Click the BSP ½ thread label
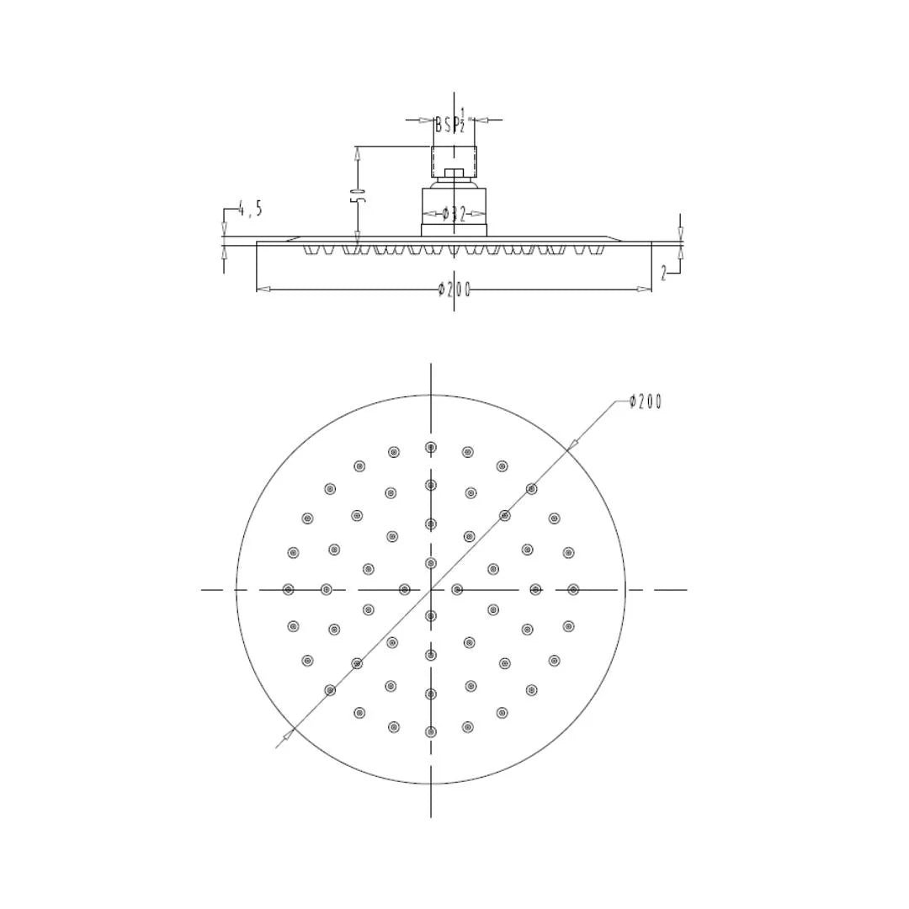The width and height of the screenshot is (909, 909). [x=451, y=122]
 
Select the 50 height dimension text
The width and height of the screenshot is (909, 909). [x=358, y=194]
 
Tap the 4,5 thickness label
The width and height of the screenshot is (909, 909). [x=250, y=208]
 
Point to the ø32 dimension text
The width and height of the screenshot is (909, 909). [x=454, y=214]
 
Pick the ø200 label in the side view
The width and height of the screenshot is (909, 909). [x=454, y=289]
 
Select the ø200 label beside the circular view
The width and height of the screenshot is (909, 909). [x=646, y=401]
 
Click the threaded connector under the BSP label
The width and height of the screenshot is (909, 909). [x=454, y=161]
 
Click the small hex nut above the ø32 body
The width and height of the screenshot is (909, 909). [x=454, y=174]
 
